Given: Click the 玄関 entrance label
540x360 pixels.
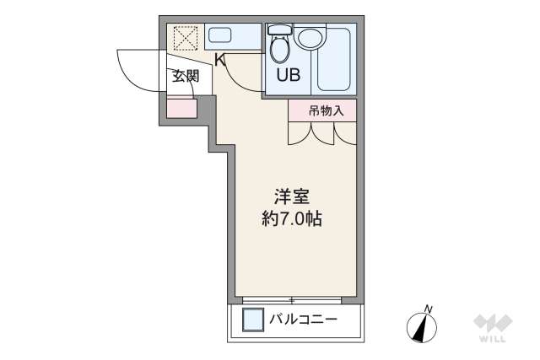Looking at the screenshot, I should [x=185, y=77].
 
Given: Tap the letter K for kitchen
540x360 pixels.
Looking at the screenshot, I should [x=219, y=60].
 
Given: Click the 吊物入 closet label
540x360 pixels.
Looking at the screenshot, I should [x=325, y=110].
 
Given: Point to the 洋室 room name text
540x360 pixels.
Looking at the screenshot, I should [x=291, y=199].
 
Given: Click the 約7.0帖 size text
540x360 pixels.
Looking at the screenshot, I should [x=291, y=220].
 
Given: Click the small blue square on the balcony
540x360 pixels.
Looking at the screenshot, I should [x=252, y=320].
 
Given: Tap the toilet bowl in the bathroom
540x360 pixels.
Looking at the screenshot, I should [x=279, y=47].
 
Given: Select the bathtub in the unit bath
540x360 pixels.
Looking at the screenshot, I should [x=335, y=62].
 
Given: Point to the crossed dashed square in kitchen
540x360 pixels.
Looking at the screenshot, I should [x=185, y=38].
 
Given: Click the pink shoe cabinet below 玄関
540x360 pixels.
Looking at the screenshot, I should [x=181, y=109].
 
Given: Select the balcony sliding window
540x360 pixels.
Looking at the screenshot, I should [x=292, y=299].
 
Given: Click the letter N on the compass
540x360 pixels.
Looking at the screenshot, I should [x=429, y=308].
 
